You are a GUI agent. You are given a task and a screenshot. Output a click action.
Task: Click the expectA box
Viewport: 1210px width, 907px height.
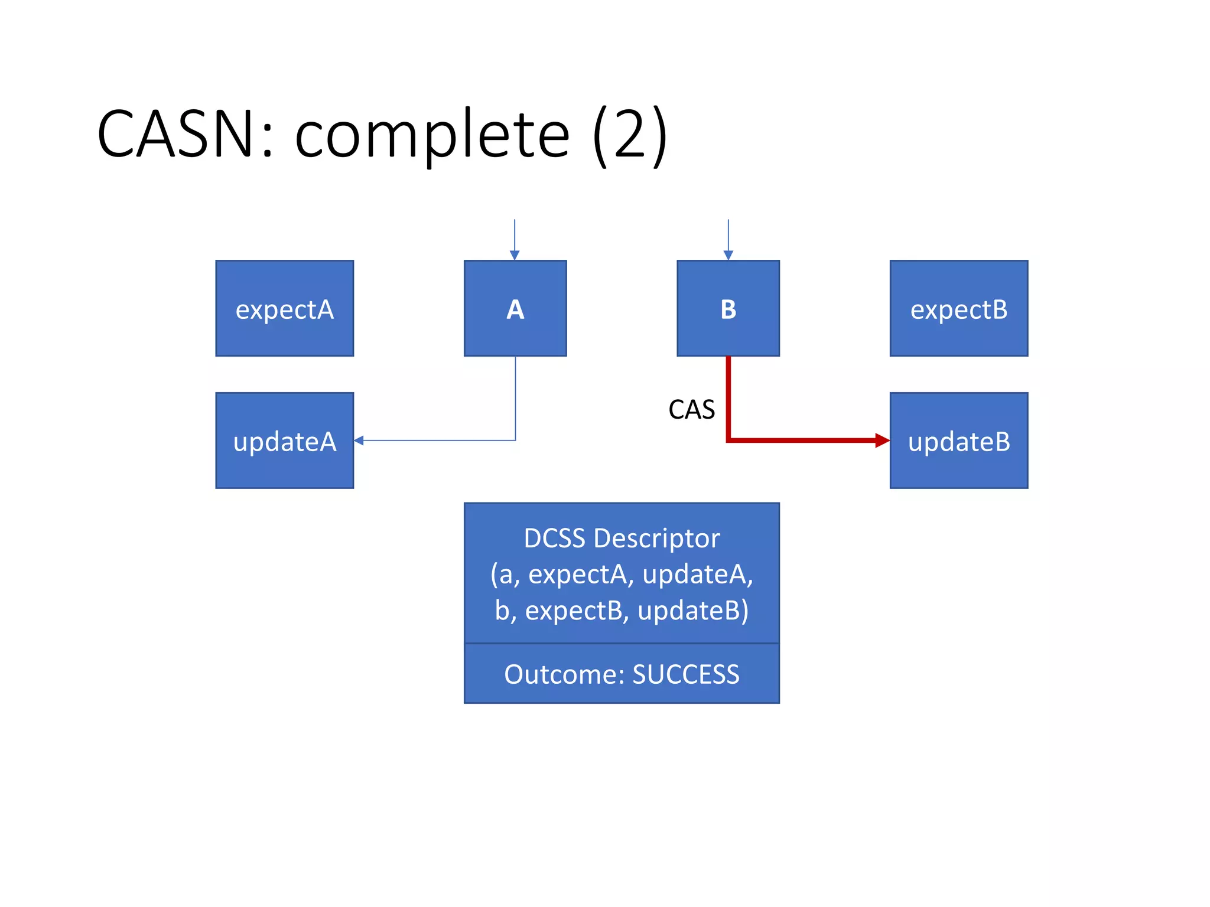284,308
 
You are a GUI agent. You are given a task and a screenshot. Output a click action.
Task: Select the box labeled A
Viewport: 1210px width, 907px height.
515,308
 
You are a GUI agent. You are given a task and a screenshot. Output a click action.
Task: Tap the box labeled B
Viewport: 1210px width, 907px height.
728,308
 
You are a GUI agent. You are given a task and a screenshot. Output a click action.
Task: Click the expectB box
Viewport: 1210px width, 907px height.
958,308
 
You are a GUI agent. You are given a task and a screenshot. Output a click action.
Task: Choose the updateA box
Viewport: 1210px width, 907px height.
284,441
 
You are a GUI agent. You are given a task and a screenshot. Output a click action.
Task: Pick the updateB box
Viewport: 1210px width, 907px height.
958,441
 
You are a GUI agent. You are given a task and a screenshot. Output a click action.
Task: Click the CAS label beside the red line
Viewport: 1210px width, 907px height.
691,409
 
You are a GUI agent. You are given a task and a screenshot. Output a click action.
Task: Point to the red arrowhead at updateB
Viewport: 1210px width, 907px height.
882,440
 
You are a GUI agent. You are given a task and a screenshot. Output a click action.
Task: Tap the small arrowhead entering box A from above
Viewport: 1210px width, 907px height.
515,255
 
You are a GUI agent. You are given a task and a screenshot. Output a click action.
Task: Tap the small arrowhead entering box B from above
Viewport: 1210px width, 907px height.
728,255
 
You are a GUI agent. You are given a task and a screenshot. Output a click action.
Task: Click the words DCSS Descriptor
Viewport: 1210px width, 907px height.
622,538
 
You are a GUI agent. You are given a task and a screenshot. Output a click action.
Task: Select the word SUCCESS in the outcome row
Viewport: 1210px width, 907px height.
685,674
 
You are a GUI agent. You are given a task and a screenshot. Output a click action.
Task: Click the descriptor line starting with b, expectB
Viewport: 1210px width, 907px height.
622,610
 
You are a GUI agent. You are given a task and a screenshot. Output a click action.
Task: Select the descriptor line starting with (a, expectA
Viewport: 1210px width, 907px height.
622,574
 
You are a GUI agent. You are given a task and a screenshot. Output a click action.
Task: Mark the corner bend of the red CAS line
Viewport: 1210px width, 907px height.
728,440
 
